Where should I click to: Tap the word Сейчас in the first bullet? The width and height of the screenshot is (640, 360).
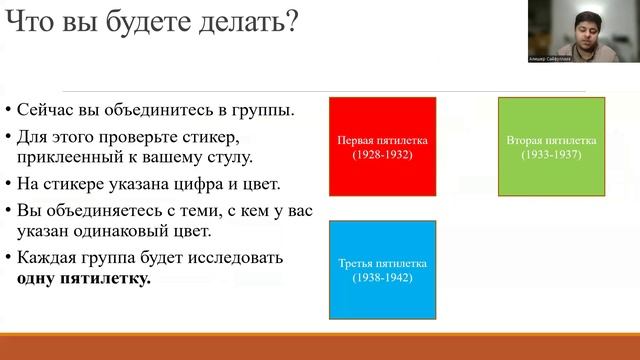tap(46, 109)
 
